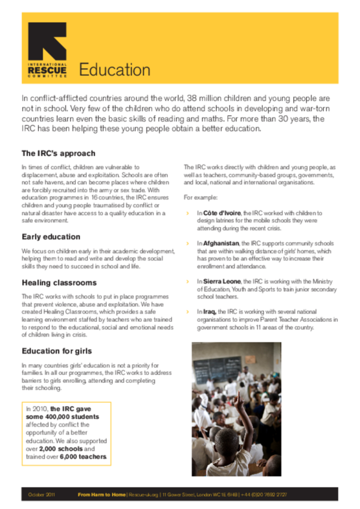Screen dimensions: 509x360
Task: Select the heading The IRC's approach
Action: (58, 153)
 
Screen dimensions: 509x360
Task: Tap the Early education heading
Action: (51, 237)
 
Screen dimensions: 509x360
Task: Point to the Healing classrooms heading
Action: (58, 283)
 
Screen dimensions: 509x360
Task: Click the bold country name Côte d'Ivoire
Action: (222, 212)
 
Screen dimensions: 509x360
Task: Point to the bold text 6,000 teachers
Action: (84, 457)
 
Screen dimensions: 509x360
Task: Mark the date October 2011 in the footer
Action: (43, 495)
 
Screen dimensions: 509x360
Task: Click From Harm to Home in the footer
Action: (101, 495)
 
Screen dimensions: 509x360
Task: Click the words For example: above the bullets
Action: (200, 196)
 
